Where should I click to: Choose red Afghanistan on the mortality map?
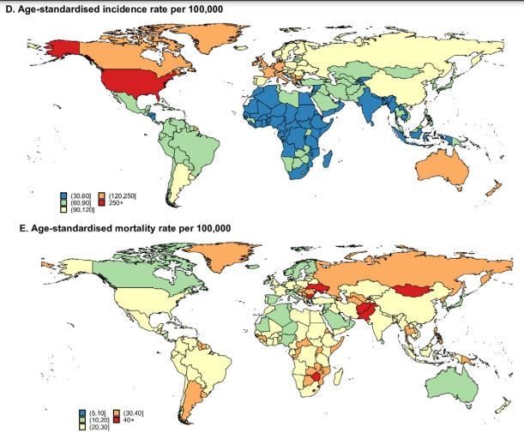tap(366, 310)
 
